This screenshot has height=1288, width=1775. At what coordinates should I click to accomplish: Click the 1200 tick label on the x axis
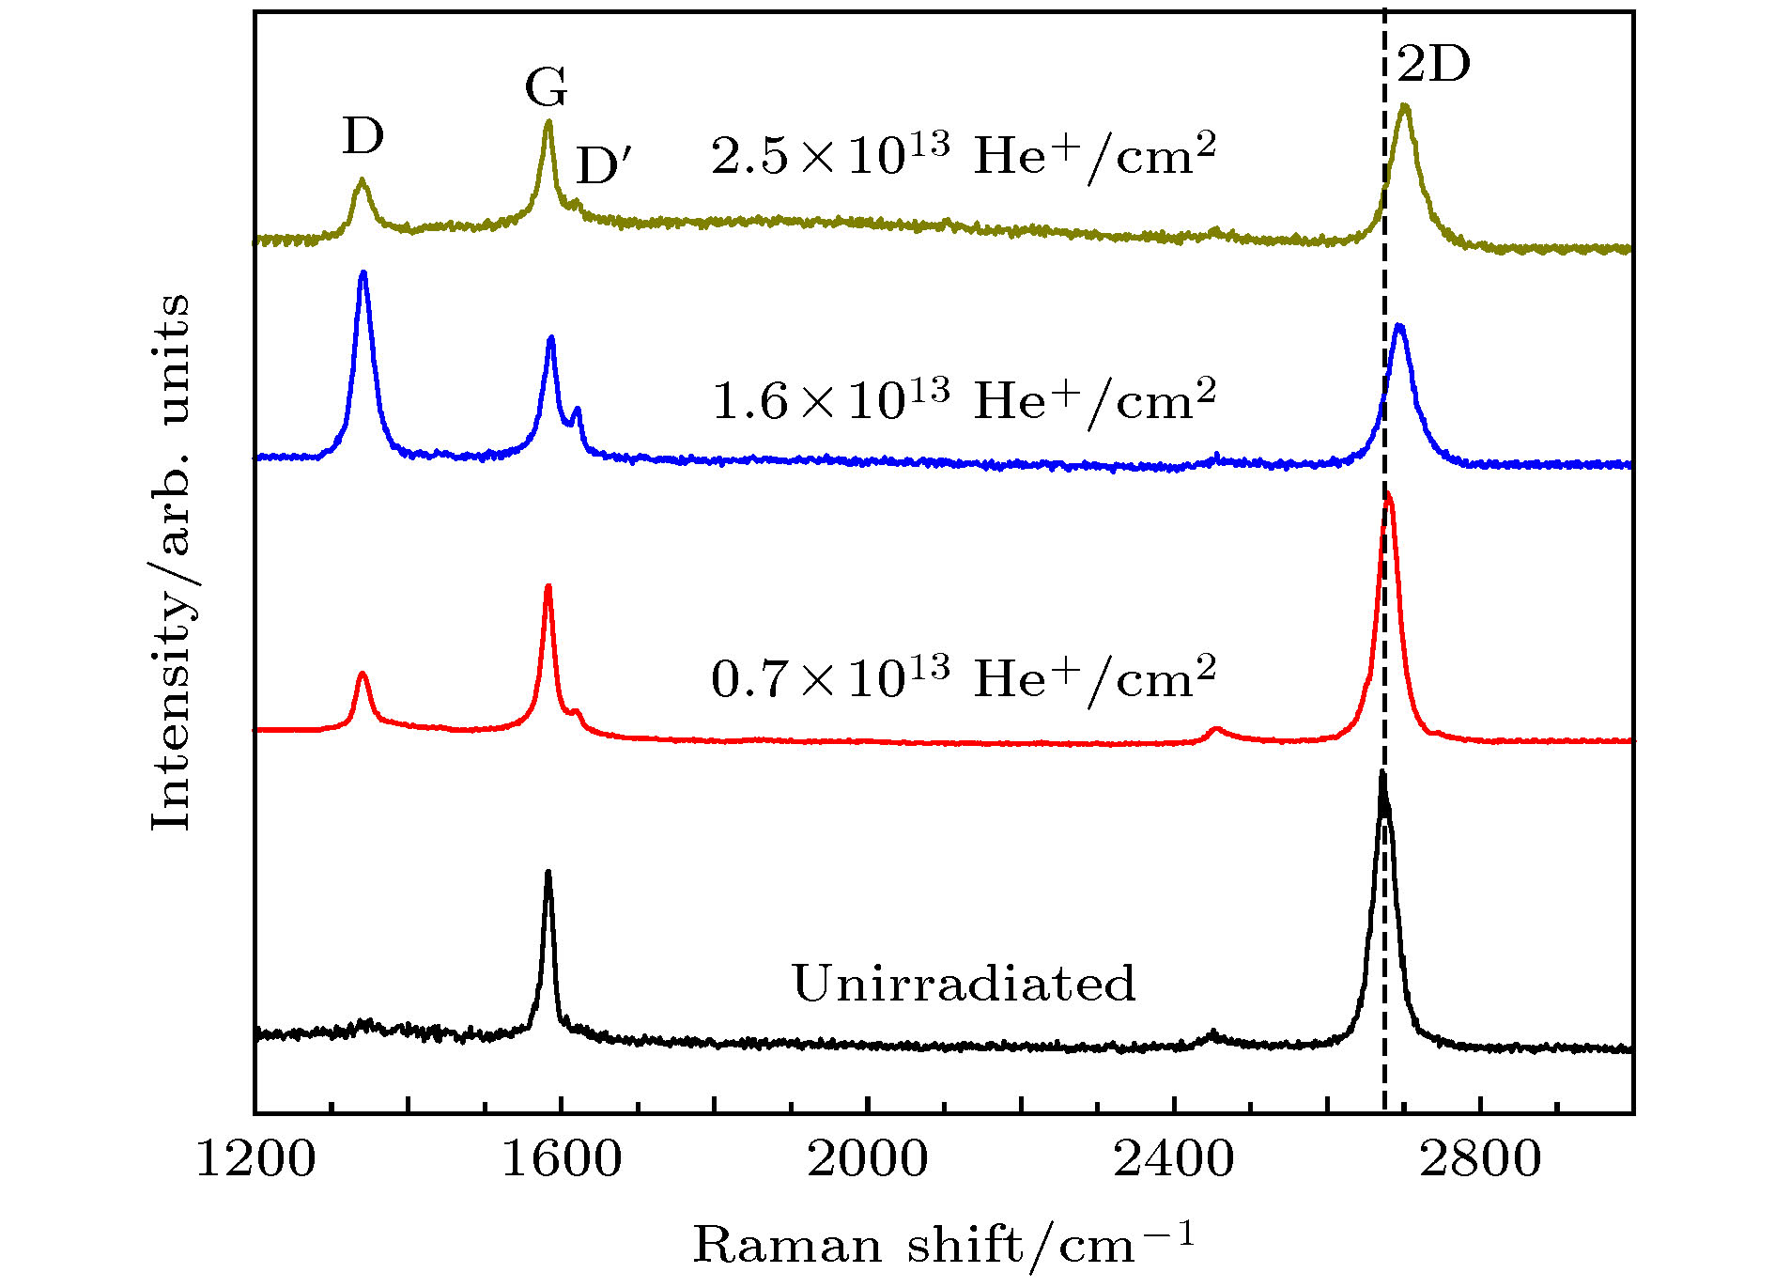255,1159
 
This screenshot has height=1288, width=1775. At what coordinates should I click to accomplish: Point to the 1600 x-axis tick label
562,1159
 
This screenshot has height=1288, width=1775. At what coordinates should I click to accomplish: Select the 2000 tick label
868,1159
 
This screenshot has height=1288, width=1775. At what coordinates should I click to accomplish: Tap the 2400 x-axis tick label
1174,1159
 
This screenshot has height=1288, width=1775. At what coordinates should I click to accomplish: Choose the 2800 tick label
1480,1159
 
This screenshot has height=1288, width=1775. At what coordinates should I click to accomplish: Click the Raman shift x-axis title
943,1246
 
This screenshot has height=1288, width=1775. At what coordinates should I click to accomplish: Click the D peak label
363,137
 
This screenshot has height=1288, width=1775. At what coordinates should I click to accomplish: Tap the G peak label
547,88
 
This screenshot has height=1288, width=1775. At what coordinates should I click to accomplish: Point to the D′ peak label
604,166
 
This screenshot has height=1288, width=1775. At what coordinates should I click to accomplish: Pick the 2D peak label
1433,65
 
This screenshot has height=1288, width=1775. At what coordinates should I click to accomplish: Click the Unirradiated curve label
964,984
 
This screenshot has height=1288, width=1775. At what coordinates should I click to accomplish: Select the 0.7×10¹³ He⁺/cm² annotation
964,677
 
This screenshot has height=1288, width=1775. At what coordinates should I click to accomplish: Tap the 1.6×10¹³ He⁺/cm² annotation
964,400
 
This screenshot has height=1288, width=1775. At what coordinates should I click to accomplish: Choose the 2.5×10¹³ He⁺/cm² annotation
964,154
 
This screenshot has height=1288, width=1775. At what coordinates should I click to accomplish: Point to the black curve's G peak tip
548,873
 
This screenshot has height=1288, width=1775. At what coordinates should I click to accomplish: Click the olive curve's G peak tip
549,121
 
